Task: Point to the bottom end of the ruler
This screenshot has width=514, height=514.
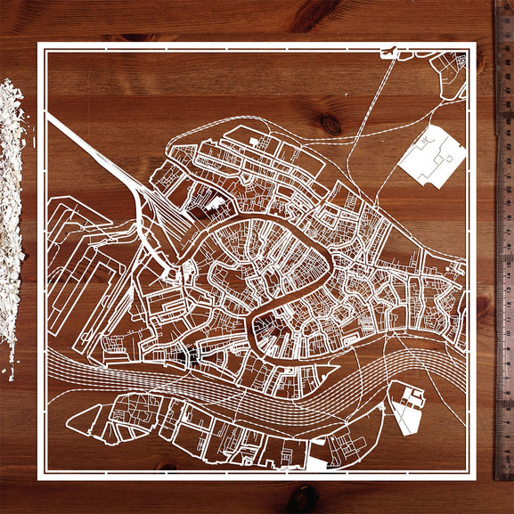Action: pos(504,476)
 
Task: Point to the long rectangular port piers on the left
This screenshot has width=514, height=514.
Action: pos(71,267)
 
